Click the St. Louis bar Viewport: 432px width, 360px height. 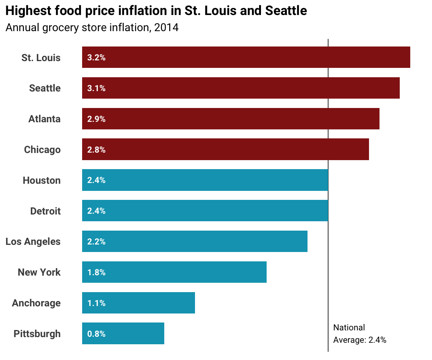pos(246,57)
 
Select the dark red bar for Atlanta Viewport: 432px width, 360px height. pos(231,119)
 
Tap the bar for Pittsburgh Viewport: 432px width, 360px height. pos(123,333)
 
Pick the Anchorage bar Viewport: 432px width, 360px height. pos(138,303)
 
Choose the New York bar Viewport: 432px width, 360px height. pos(174,272)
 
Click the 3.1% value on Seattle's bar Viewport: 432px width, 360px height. pos(96,88)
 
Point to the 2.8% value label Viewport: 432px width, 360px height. pos(96,150)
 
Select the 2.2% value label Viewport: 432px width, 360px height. pos(96,242)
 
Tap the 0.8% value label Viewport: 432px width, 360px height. pos(96,334)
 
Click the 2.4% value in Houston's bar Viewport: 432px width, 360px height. pos(96,180)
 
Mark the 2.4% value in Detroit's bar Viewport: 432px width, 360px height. pos(96,211)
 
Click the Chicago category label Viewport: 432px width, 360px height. pos(42,150)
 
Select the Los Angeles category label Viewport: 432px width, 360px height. pos(33,241)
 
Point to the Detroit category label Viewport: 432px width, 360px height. pos(45,211)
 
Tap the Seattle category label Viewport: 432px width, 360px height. pos(45,88)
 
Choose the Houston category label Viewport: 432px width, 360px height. pos(42,180)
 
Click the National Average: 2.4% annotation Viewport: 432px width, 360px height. pos(359,334)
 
